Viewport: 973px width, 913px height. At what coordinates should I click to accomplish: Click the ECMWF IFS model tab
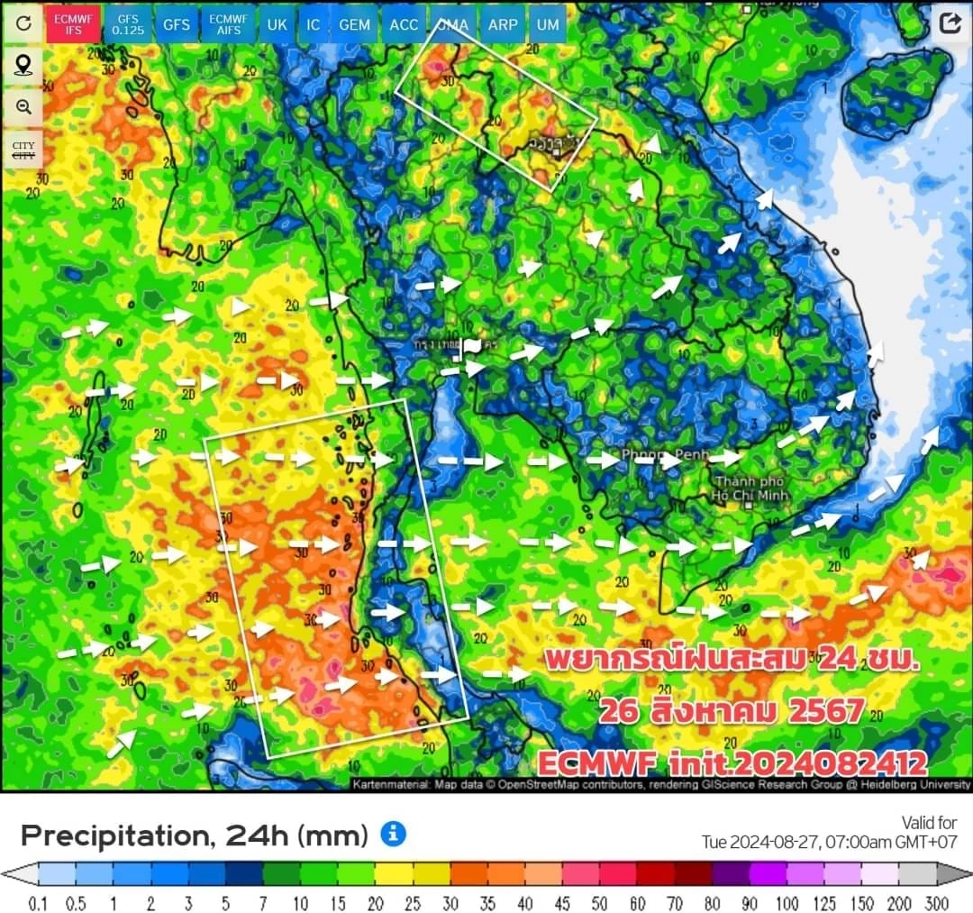tap(73, 24)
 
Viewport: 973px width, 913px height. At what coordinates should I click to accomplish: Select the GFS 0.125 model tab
tap(128, 24)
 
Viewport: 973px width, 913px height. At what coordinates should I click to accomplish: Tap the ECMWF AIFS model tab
tap(227, 24)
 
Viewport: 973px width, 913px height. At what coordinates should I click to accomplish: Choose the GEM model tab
tap(354, 24)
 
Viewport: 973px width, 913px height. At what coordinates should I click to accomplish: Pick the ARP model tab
tap(502, 24)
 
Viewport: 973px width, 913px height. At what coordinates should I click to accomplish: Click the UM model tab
tap(548, 24)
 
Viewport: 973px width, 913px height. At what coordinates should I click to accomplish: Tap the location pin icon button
tap(23, 65)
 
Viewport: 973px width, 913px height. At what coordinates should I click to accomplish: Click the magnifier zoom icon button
tap(23, 106)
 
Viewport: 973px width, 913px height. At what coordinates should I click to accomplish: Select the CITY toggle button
tap(23, 149)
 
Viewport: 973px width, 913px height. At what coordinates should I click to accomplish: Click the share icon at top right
tap(950, 23)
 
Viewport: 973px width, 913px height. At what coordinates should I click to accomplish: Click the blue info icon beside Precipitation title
tap(393, 834)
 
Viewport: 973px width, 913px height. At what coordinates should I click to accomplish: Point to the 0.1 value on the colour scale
tap(38, 903)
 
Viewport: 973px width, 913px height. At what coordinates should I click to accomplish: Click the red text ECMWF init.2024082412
tap(732, 763)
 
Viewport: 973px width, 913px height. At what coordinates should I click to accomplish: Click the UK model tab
tap(277, 24)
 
